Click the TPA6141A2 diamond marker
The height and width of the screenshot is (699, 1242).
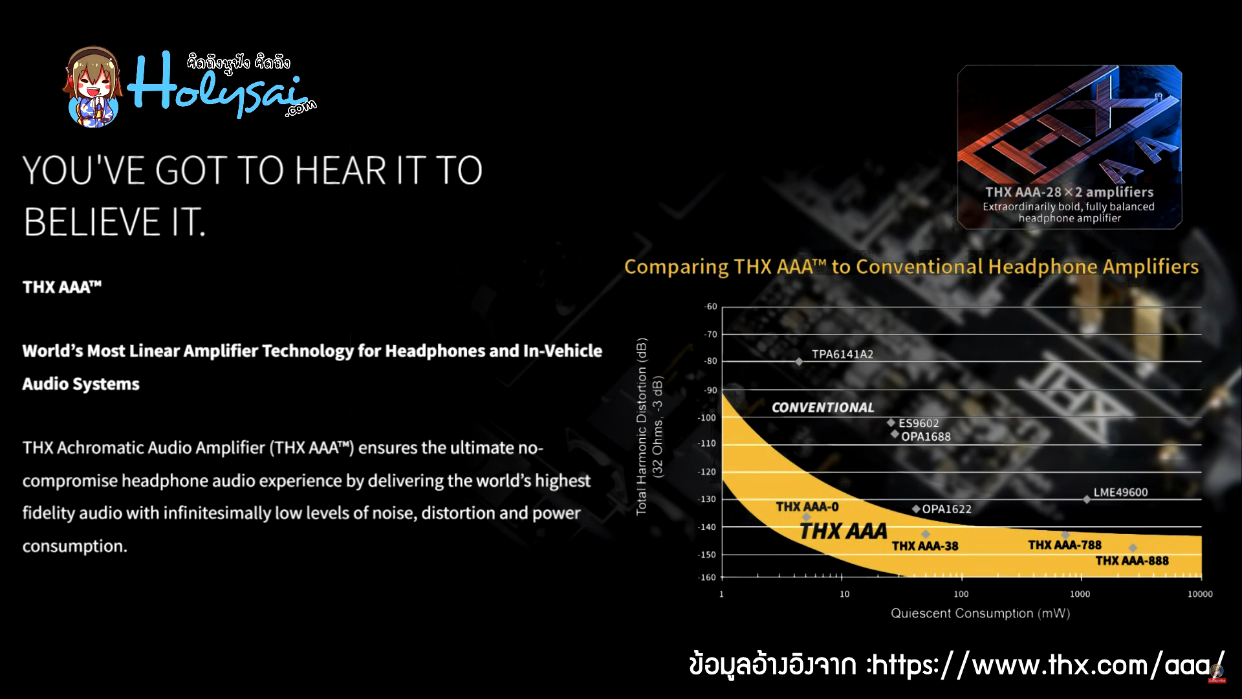[x=799, y=362]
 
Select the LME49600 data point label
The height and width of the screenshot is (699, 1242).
[x=1120, y=493]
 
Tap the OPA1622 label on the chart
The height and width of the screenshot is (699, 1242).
[x=946, y=509]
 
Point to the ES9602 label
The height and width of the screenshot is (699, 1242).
[x=919, y=423]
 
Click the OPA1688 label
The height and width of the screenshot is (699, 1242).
[x=926, y=437]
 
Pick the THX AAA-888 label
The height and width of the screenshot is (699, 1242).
[x=1132, y=560]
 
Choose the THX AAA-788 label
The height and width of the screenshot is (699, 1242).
[x=1065, y=545]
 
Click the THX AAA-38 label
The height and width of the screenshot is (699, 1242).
[x=925, y=546]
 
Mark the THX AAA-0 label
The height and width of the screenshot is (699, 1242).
[x=807, y=507]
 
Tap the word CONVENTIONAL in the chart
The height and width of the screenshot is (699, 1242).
[x=823, y=408]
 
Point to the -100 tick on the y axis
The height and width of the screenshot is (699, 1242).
[x=707, y=417]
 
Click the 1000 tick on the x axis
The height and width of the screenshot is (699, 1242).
[x=1080, y=594]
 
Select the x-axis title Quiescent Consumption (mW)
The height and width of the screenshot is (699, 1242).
[x=980, y=613]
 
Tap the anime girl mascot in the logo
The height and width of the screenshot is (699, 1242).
[x=92, y=87]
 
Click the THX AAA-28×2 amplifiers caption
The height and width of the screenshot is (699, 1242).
[x=1069, y=192]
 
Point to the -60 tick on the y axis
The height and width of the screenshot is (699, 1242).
[x=711, y=307]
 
